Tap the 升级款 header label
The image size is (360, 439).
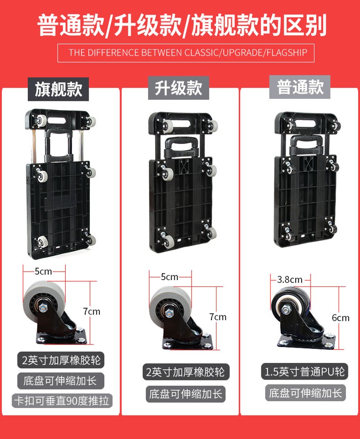pos(179,89)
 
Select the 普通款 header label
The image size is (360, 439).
pos(300,87)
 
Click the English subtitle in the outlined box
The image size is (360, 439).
pos(186,53)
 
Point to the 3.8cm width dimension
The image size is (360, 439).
pos(290,279)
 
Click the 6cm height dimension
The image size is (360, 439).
pos(341,318)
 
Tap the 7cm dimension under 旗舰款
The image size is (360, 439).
pos(92,311)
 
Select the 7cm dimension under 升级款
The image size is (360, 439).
pos(218,317)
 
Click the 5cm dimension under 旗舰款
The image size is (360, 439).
pos(43,271)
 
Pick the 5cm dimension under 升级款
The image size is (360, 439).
pos(170,277)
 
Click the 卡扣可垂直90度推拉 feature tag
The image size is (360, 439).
pos(61,401)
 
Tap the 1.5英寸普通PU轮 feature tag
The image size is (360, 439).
pos(304,372)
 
